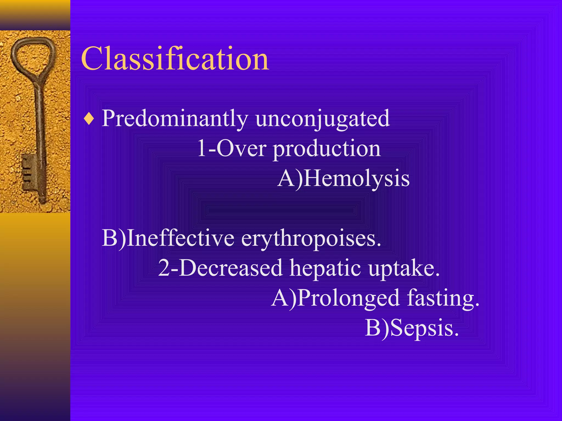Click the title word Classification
coord(175,58)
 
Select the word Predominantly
coord(175,118)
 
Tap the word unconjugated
coord(322,118)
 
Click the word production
coord(327,149)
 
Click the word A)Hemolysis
coord(343,178)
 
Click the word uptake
coord(404,268)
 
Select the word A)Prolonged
coord(335,298)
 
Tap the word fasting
coord(443,298)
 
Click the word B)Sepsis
coord(412,328)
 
